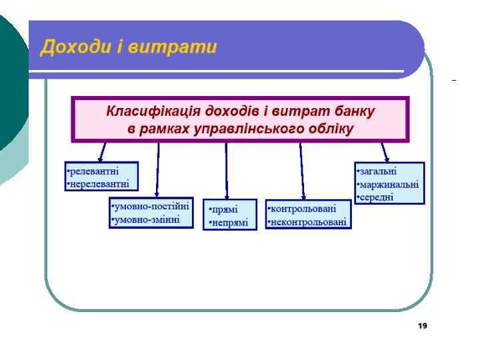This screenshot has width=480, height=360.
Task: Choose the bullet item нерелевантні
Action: [98, 183]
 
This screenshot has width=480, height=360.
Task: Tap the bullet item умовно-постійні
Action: [151, 207]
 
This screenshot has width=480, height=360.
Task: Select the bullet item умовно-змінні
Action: [146, 219]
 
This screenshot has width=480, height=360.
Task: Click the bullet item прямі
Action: [224, 210]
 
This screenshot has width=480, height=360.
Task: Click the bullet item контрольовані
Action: [302, 209]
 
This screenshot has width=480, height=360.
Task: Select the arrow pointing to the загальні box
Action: [385, 151]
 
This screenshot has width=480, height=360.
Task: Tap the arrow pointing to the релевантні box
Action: [103, 151]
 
